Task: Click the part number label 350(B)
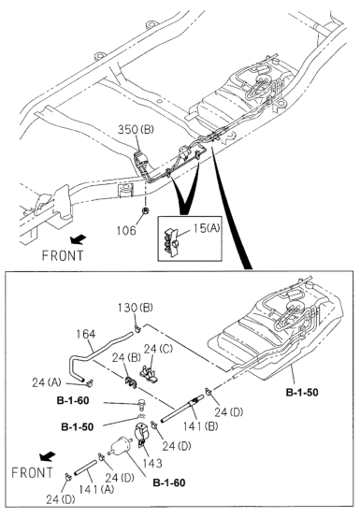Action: pos(136,129)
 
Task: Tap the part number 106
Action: pos(126,230)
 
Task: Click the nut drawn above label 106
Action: pos(144,210)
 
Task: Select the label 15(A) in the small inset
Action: pos(207,228)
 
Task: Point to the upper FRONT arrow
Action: pos(79,238)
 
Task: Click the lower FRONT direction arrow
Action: pos(47,456)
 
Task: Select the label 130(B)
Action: pos(136,308)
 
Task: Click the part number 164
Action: pos(86,334)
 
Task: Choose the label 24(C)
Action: pos(158,349)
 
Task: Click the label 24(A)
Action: pos(47,382)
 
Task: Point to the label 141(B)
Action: pos(200,426)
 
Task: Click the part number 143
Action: pos(152,463)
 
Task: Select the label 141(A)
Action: pos(96,489)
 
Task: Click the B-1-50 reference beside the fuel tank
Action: pos(302,392)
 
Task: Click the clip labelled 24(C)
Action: pos(149,376)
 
